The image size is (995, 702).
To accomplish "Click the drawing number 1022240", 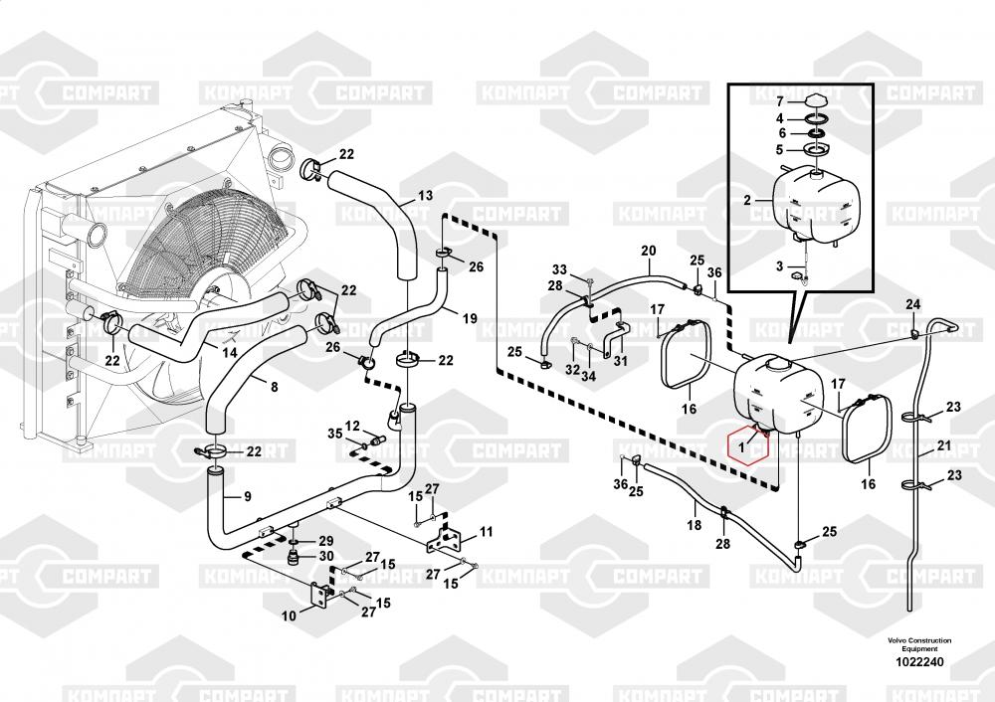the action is click(x=919, y=662).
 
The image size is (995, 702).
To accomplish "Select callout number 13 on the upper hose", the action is click(x=425, y=195).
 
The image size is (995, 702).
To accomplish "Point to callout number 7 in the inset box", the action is click(x=780, y=102).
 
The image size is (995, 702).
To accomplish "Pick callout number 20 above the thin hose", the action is click(x=648, y=252).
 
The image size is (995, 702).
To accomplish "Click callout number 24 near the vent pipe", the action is click(x=912, y=305).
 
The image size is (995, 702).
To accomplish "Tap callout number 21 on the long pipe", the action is click(x=944, y=445).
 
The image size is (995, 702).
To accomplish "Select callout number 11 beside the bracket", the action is click(x=487, y=531).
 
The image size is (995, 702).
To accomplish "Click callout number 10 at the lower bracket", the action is click(x=289, y=615).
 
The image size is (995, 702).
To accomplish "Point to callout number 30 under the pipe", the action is click(x=326, y=556).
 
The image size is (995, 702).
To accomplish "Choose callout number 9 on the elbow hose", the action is click(x=248, y=496).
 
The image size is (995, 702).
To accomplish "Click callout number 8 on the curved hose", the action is click(x=275, y=387).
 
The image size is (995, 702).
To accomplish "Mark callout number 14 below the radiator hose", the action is click(x=229, y=353).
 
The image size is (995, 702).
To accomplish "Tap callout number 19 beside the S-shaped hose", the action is click(x=470, y=318).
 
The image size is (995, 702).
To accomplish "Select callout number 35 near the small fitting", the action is click(x=335, y=434).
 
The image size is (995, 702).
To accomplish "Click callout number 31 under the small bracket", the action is click(x=621, y=361).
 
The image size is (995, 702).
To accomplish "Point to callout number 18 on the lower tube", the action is click(x=695, y=525).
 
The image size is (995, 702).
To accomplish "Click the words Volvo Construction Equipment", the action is click(x=919, y=645).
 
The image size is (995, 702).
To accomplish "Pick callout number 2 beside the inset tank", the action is click(x=747, y=201).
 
